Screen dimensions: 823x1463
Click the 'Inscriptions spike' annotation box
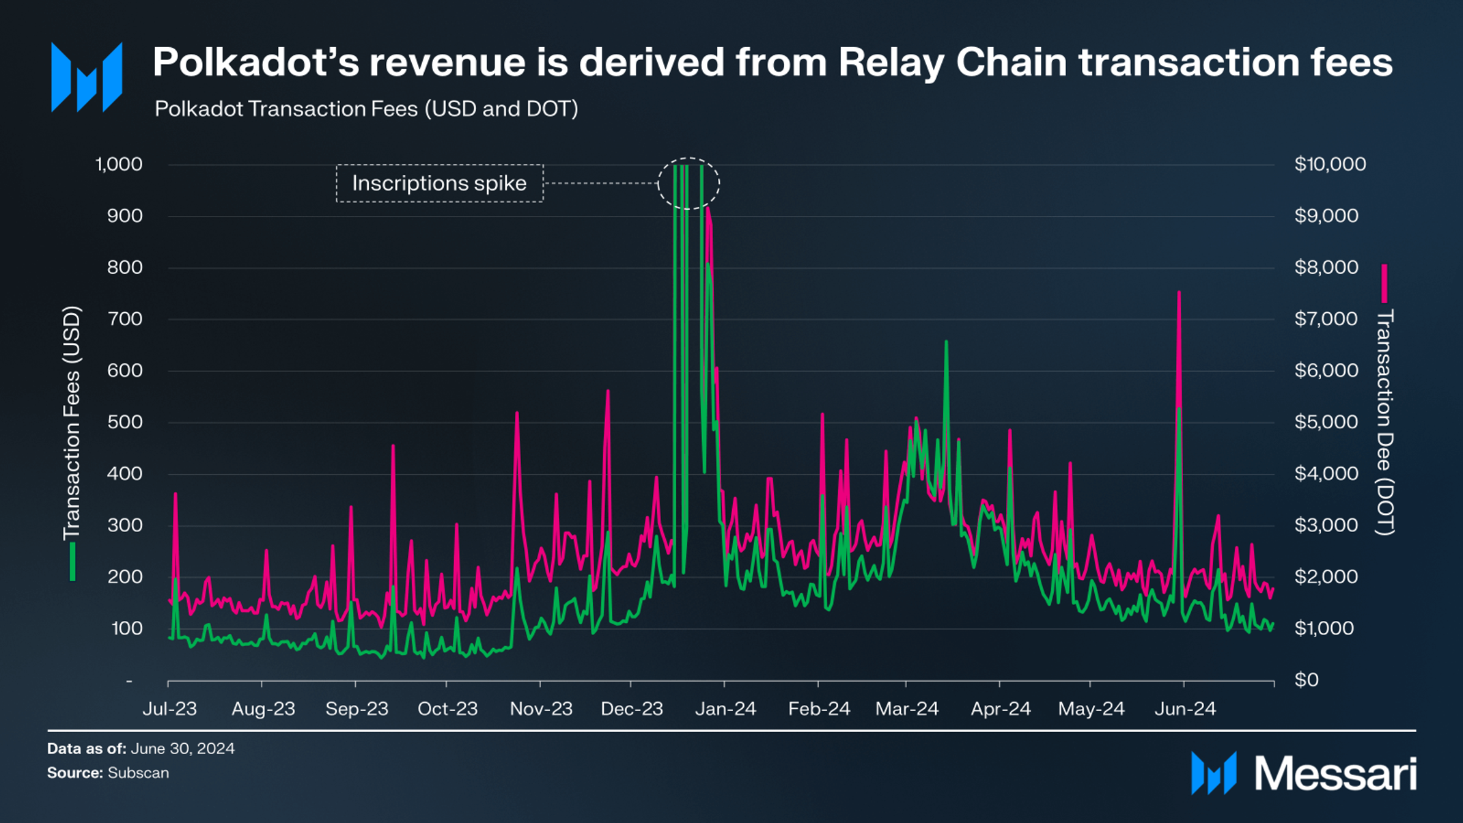click(x=439, y=183)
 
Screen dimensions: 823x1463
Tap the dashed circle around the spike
click(x=688, y=183)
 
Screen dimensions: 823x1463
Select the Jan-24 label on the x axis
click(x=725, y=709)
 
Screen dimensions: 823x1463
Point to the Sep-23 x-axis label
click(x=357, y=709)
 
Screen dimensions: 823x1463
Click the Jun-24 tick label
click(x=1185, y=709)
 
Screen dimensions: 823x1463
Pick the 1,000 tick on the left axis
click(x=119, y=164)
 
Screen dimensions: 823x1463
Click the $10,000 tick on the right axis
click(x=1330, y=164)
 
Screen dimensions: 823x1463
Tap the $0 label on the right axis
click(x=1307, y=680)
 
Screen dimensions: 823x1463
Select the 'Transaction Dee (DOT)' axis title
click(x=1384, y=422)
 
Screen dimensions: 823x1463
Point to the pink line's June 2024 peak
click(x=1179, y=293)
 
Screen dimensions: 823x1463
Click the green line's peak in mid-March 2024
click(x=946, y=341)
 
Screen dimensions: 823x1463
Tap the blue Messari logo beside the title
click(x=87, y=77)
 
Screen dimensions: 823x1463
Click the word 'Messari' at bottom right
click(x=1335, y=774)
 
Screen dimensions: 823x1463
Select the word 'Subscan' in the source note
click(x=138, y=772)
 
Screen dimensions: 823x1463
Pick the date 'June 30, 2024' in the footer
click(x=182, y=749)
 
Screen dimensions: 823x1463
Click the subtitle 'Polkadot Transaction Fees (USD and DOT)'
click(x=366, y=109)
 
